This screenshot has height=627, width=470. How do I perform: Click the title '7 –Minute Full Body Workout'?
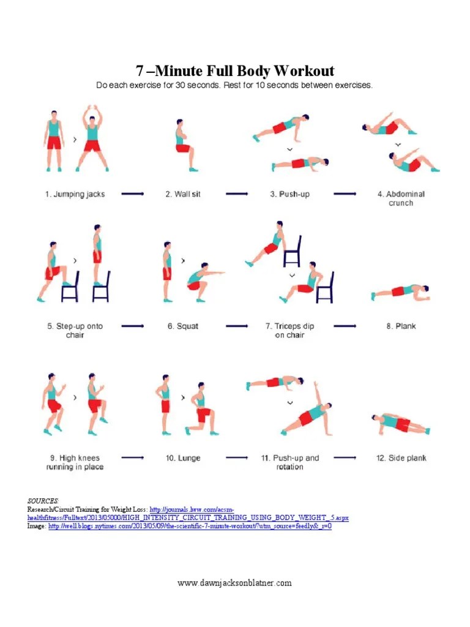click(x=235, y=70)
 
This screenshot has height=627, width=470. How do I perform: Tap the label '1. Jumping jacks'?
click(x=75, y=194)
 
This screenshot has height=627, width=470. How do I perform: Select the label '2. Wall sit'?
click(x=182, y=194)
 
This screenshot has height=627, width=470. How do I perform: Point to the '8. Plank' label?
click(x=401, y=326)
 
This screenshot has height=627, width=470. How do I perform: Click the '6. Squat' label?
click(x=183, y=326)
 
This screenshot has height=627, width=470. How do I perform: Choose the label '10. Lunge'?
click(x=183, y=458)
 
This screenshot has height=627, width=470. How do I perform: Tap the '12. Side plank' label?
click(x=401, y=458)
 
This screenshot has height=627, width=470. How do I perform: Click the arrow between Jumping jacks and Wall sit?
click(x=133, y=194)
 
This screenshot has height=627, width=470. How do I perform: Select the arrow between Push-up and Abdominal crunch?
click(x=346, y=194)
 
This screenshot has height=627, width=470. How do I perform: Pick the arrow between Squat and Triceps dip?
click(x=238, y=326)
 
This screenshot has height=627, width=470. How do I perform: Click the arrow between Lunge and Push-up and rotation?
click(x=238, y=458)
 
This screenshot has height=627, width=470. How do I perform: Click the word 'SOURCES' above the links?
click(x=43, y=501)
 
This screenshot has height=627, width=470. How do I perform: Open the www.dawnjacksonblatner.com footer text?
click(x=235, y=583)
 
